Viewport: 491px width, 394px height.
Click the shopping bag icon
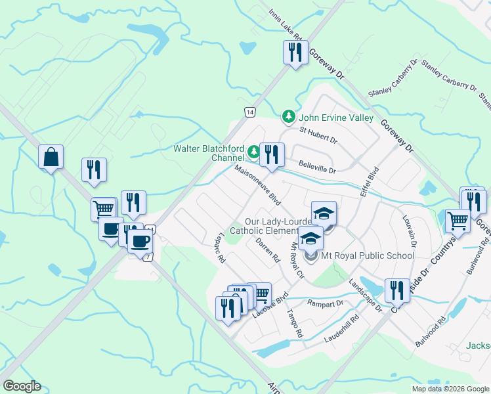tap(51, 158)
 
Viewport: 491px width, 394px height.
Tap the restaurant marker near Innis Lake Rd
tap(295, 52)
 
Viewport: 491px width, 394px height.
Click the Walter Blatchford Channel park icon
tap(254, 153)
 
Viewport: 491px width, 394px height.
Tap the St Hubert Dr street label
tap(318, 135)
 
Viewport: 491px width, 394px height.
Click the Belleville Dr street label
tap(317, 167)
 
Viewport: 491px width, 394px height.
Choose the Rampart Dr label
tap(325, 303)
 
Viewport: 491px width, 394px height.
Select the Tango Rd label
tap(294, 324)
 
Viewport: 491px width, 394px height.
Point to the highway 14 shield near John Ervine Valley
tap(249, 112)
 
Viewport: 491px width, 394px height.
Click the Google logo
tap(22, 386)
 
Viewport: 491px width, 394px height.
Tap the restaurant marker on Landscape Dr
tap(396, 290)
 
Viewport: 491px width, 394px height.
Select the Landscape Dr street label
tap(366, 295)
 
